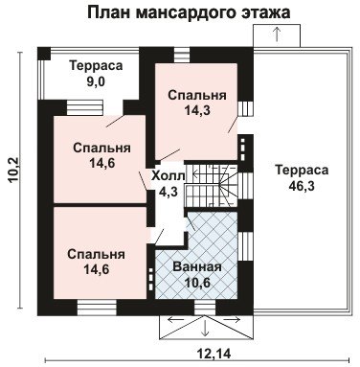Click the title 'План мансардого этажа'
(x=189, y=12)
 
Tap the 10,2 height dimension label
(x=14, y=170)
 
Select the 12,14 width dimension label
(x=214, y=354)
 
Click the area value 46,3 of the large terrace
(x=302, y=186)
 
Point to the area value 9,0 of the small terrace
(x=96, y=81)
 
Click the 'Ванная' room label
(x=197, y=267)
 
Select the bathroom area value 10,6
(x=197, y=283)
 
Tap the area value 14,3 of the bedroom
(x=197, y=110)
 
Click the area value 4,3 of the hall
(x=168, y=192)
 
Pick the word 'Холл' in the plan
(x=168, y=176)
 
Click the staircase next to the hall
(x=212, y=186)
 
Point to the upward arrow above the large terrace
(x=277, y=34)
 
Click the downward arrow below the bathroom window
(x=205, y=329)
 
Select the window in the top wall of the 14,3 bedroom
(x=182, y=55)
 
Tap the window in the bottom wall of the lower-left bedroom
(x=97, y=308)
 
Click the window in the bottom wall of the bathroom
(x=205, y=308)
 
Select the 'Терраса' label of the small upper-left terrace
(x=96, y=66)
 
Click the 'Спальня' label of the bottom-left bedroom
(x=96, y=255)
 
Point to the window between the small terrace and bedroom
(x=84, y=107)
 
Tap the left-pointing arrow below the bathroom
(x=176, y=320)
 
